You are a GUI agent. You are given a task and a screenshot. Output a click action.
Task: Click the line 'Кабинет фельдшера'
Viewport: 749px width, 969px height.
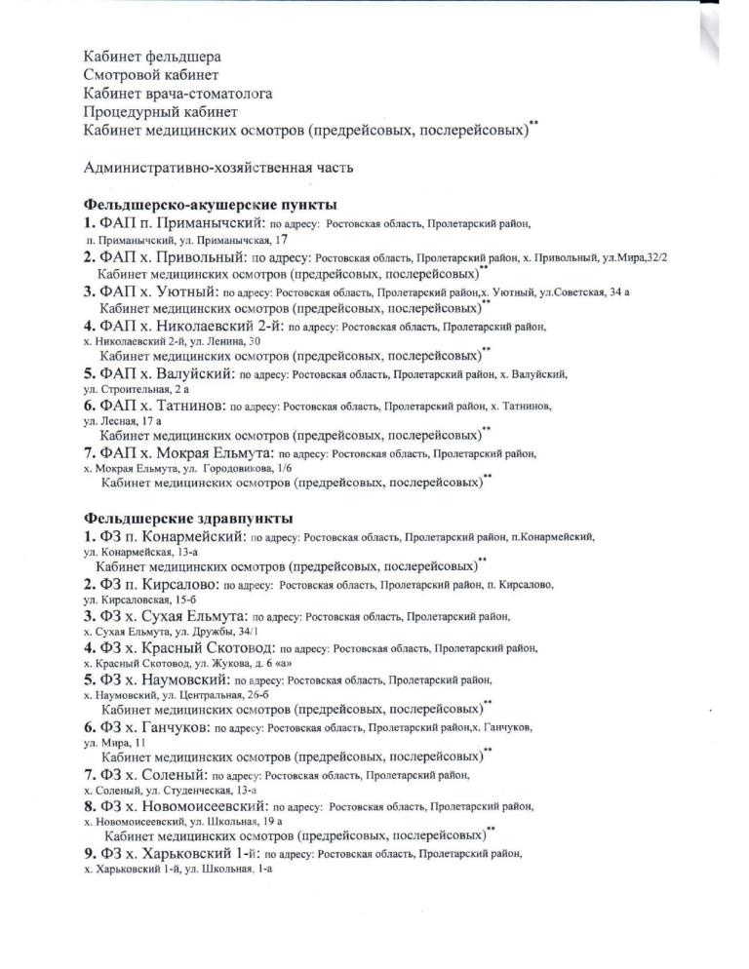pyautogui.click(x=153, y=58)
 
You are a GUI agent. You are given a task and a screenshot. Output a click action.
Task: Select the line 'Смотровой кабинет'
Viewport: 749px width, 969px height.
pyautogui.click(x=151, y=75)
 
